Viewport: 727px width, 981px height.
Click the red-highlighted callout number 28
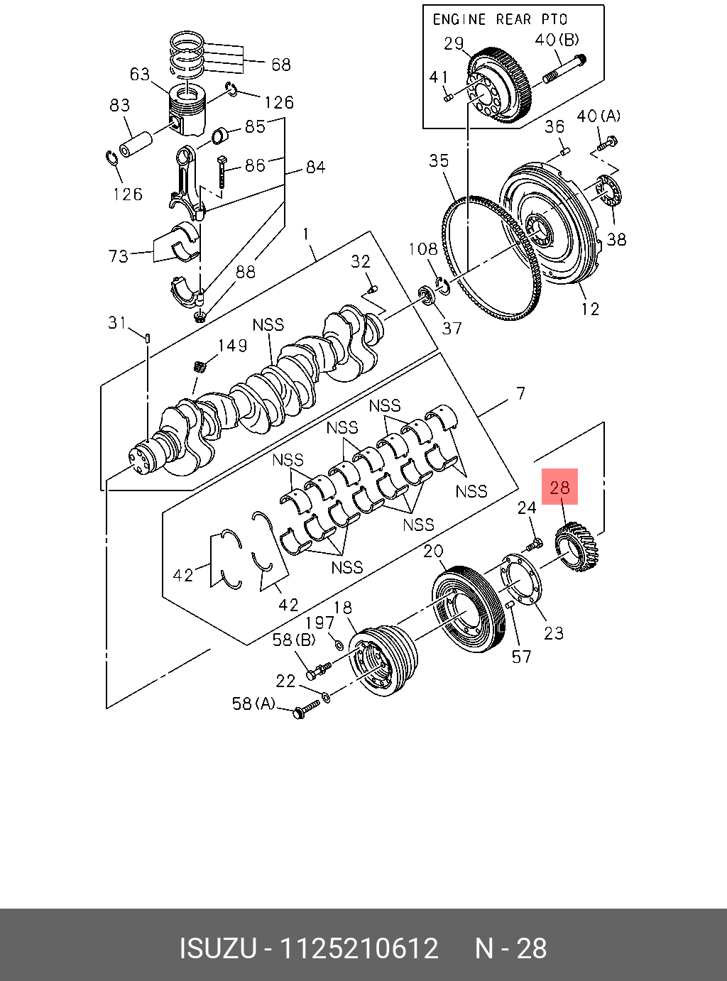[x=559, y=488]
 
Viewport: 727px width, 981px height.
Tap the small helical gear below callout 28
[x=576, y=547]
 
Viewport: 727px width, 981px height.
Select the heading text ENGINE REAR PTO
[x=500, y=20]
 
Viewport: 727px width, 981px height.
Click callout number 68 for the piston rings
[x=281, y=65]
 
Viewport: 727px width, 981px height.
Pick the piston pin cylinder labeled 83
[x=136, y=145]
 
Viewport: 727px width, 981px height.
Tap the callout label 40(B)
[x=557, y=40]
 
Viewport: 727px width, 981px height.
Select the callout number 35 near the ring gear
[x=439, y=160]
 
